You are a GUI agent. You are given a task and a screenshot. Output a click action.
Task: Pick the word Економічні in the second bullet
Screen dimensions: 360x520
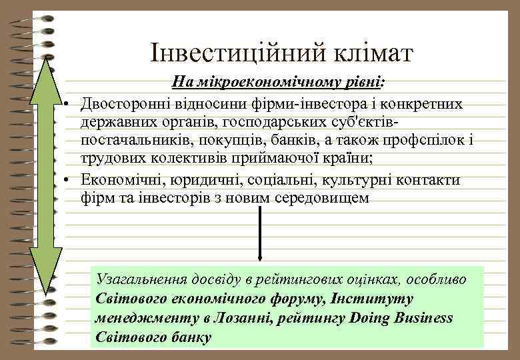115,180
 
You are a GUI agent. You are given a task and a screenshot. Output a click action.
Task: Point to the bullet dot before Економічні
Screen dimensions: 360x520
69,181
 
